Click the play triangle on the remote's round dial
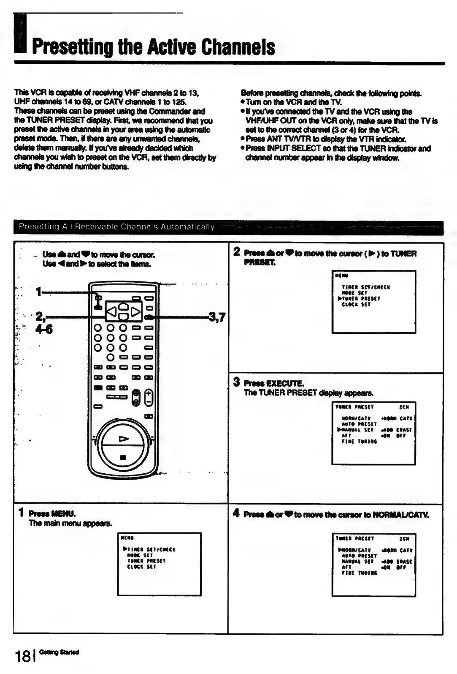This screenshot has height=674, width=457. (x=124, y=439)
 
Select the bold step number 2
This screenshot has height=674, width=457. (x=237, y=252)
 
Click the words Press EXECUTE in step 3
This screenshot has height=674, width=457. (x=273, y=383)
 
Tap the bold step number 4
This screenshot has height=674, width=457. (x=236, y=513)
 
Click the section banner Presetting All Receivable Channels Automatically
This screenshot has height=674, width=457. (x=116, y=227)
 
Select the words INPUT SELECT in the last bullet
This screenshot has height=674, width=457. (x=289, y=148)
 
